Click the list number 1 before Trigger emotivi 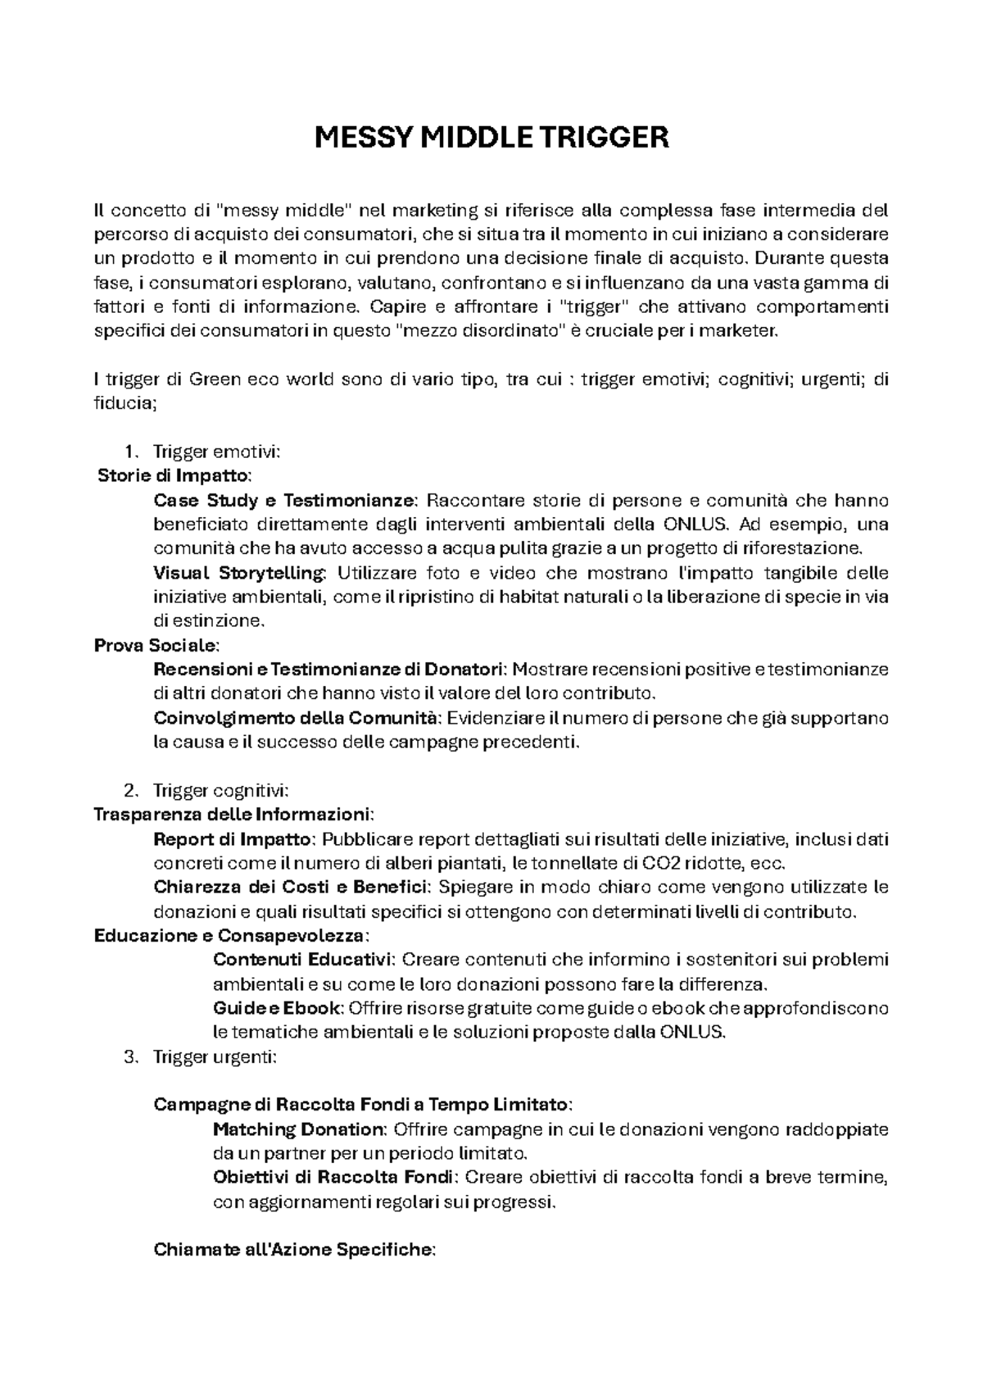[x=128, y=452]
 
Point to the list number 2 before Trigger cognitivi [x=129, y=791]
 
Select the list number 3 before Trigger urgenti [x=129, y=1057]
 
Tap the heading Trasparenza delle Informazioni [x=233, y=815]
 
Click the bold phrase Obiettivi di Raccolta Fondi [x=333, y=1178]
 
